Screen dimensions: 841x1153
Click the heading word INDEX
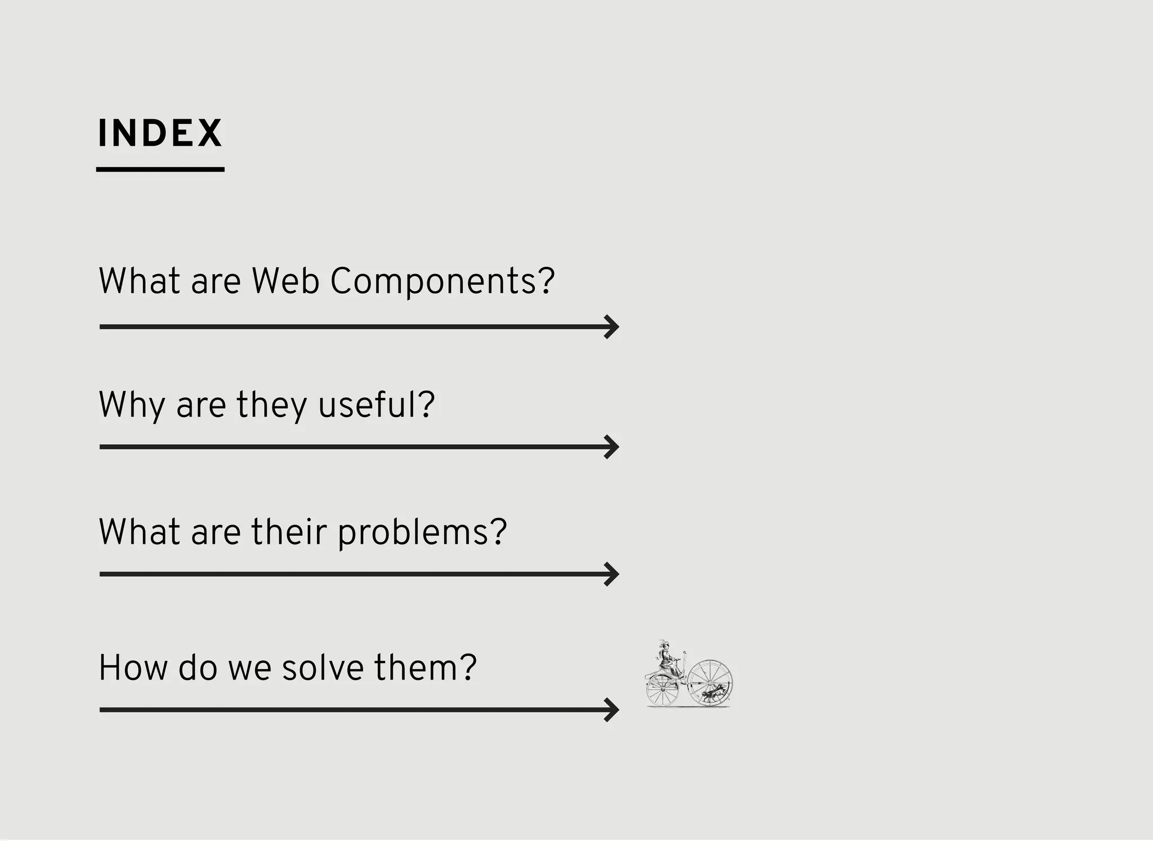tap(160, 133)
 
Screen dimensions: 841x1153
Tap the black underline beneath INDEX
tap(160, 169)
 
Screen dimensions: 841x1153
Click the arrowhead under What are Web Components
tap(612, 327)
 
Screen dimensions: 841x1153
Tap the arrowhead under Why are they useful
tap(612, 447)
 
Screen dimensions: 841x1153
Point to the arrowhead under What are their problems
tap(612, 574)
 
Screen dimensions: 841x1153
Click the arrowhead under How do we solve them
tap(612, 710)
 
